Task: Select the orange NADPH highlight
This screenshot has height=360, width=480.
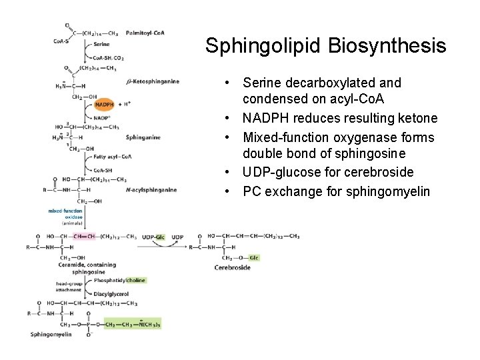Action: [105, 105]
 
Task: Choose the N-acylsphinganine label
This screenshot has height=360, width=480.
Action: [151, 190]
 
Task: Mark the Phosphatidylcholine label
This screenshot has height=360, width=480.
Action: [119, 281]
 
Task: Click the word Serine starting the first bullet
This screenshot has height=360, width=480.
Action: [261, 83]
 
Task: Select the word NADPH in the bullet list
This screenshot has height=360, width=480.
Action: [266, 118]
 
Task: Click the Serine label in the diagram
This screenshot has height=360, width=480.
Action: [101, 44]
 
